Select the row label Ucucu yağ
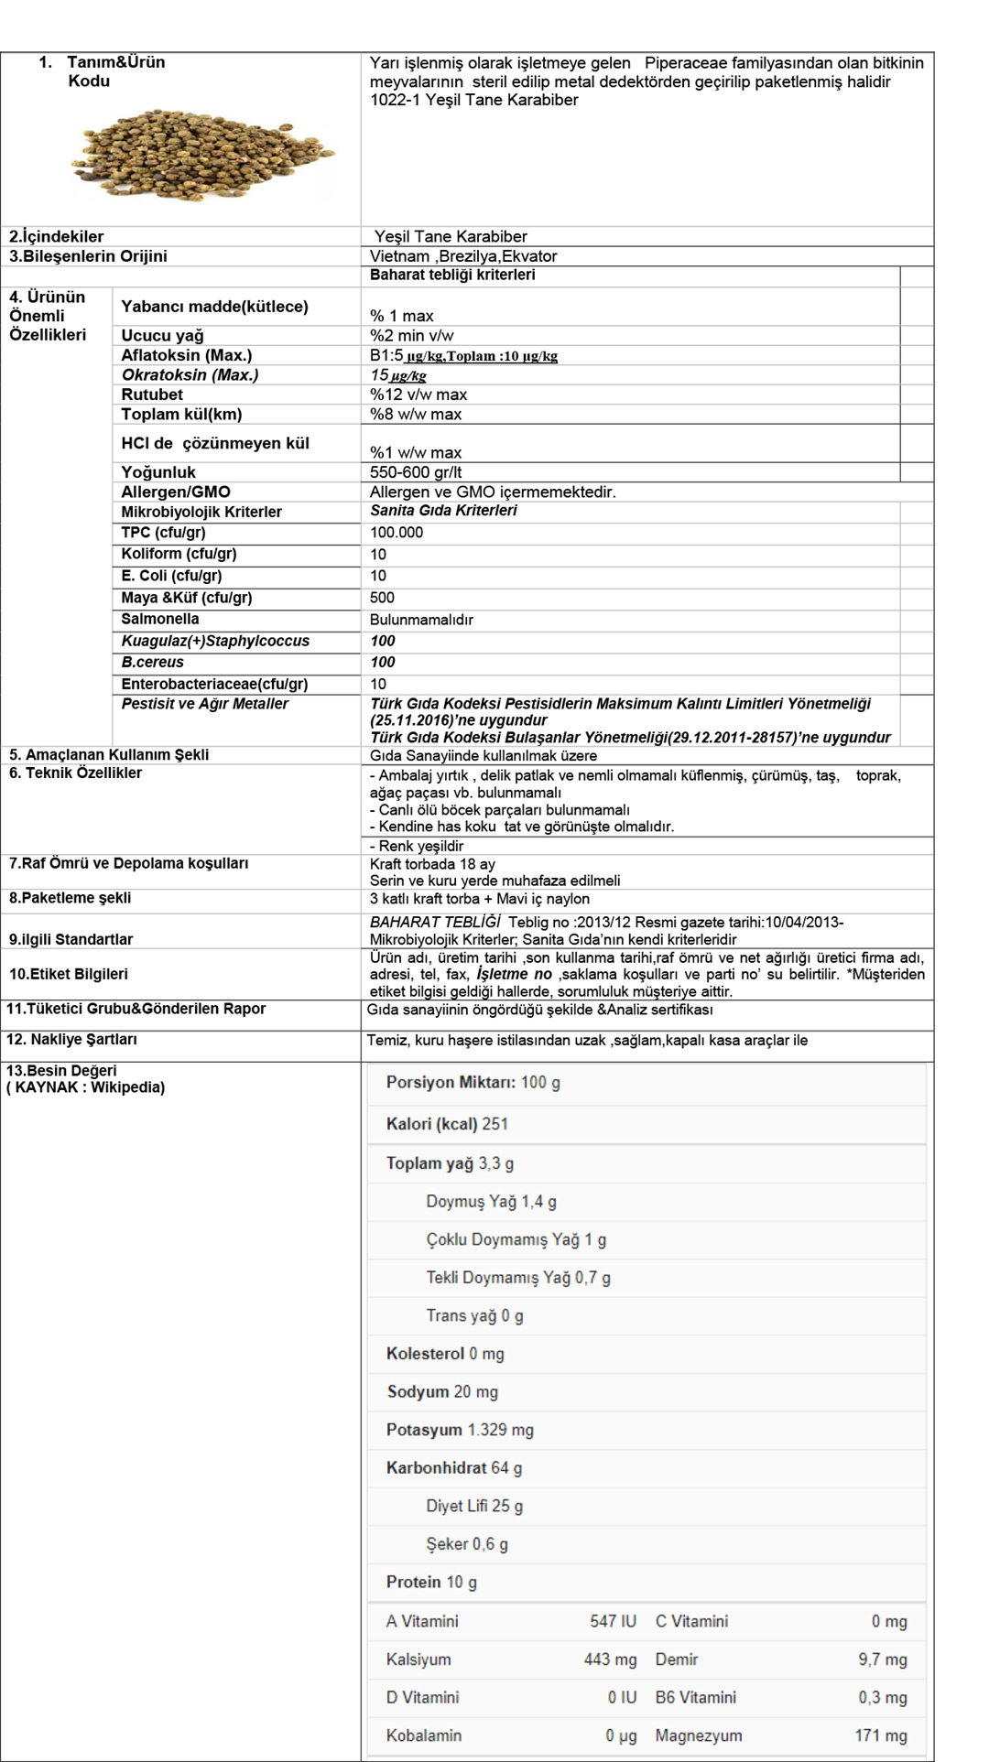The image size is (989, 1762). click(163, 336)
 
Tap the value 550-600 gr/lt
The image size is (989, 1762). click(416, 472)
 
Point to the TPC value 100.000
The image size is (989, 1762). click(397, 533)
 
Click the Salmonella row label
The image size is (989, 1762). click(160, 620)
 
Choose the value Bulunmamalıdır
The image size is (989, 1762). click(421, 620)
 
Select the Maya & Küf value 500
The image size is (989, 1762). click(382, 598)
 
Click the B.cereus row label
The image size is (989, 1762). click(153, 663)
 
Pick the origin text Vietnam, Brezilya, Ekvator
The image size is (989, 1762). click(463, 256)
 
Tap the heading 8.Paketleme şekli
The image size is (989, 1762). click(71, 898)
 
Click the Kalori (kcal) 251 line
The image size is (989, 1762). click(447, 1124)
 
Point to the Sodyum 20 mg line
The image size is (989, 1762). click(442, 1392)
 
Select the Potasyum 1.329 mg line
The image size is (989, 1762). click(460, 1430)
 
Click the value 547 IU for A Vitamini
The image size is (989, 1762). click(613, 1621)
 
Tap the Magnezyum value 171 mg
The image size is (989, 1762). click(880, 1735)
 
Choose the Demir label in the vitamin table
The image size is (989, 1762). click(677, 1659)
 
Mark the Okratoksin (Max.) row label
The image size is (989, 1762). click(190, 375)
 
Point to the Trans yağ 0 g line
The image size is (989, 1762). click(474, 1316)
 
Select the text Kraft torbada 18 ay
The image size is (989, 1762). click(432, 864)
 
